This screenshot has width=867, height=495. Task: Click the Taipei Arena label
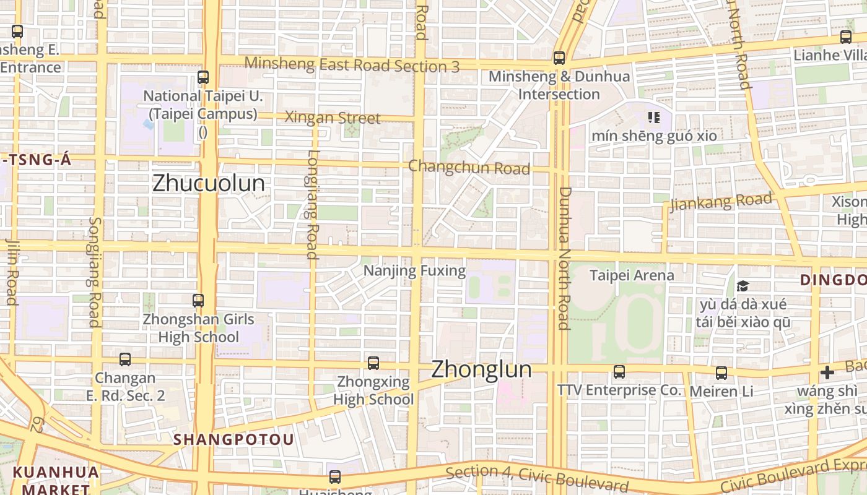coord(632,275)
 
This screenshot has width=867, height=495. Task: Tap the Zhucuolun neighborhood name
coord(208,183)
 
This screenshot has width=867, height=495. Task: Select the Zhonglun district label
coord(481,369)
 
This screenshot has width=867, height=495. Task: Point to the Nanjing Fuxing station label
coord(414,271)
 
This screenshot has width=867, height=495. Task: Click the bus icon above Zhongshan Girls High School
coord(198,301)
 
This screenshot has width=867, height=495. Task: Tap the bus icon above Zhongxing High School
coord(373,363)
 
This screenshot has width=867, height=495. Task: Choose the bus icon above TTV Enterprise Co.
coord(619,372)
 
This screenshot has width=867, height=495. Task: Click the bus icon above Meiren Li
coord(721,373)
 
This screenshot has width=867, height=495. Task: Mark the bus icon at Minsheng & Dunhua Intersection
coord(559,58)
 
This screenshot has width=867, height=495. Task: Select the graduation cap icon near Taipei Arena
coord(743,286)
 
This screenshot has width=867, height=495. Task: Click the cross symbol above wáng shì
coord(827,372)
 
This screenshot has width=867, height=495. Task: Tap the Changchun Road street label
coord(469,167)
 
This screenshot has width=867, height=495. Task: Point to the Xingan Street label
coord(332,118)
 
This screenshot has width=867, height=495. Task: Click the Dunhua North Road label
coord(564,258)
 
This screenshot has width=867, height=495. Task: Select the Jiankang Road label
coord(721,202)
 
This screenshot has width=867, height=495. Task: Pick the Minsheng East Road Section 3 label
coord(352,64)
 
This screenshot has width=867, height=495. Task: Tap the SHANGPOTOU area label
coord(233,439)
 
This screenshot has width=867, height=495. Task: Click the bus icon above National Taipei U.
coord(203,77)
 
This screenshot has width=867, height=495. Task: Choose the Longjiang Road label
coord(312,204)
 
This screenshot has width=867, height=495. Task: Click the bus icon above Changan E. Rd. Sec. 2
coord(125,359)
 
